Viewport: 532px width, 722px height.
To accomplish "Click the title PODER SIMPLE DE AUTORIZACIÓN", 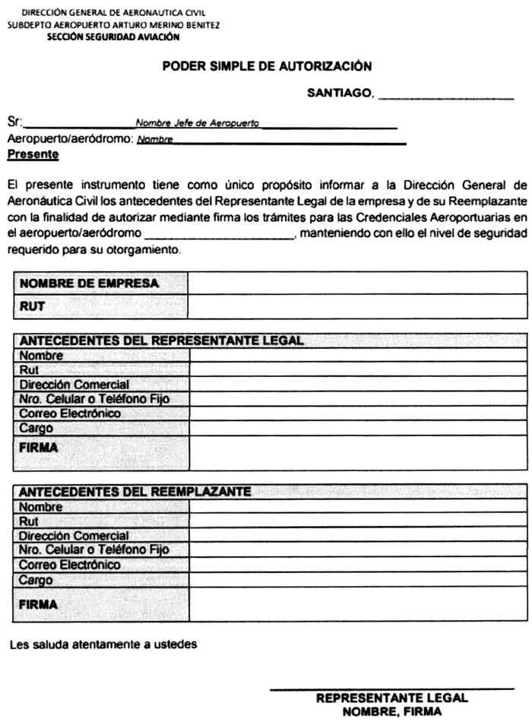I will pyautogui.click(x=267, y=67).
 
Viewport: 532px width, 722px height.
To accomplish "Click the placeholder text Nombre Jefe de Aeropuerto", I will pyautogui.click(x=197, y=122).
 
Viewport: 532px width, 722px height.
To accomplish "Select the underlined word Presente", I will pyautogui.click(x=33, y=154).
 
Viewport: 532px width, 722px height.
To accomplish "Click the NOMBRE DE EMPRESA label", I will pyautogui.click(x=89, y=283).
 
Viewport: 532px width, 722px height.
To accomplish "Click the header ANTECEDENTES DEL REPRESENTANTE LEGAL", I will pyautogui.click(x=162, y=340).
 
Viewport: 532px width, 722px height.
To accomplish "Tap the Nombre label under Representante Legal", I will pyautogui.click(x=42, y=355).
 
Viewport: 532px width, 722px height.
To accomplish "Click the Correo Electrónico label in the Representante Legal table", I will pyautogui.click(x=70, y=413).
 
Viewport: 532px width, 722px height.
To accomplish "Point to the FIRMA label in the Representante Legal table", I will pyautogui.click(x=39, y=448).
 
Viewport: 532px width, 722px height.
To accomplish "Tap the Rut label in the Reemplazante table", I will pyautogui.click(x=29, y=521).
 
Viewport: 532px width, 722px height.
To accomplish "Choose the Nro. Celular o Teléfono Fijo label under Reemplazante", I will pyautogui.click(x=94, y=550).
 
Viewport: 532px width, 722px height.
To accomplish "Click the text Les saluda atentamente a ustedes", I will pyautogui.click(x=103, y=644).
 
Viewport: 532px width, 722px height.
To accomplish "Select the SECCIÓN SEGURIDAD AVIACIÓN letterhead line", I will pyautogui.click(x=114, y=36).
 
